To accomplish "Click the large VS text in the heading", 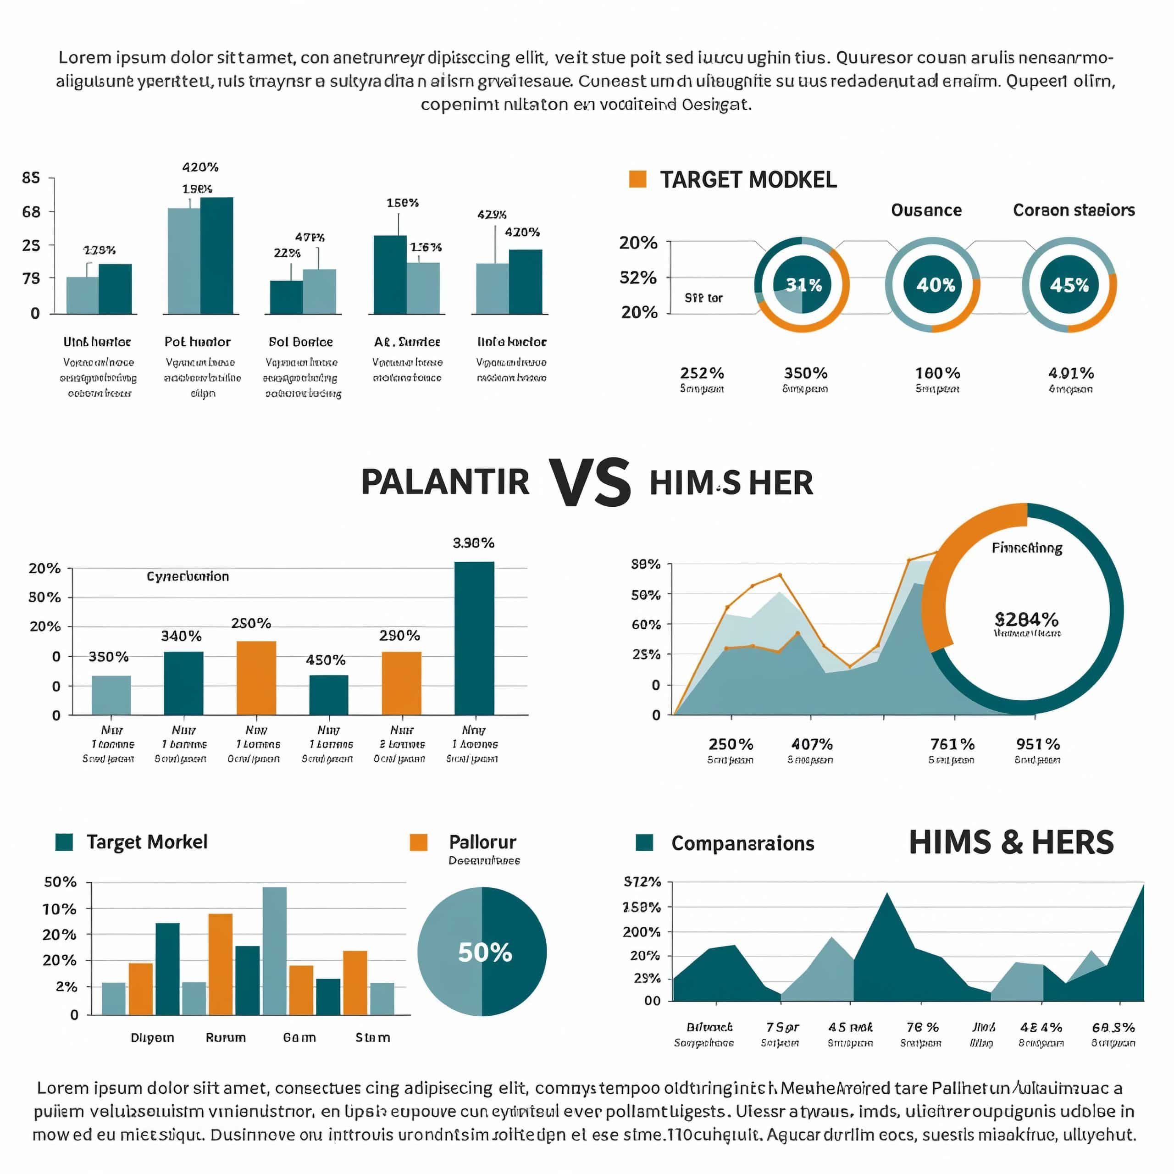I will click(x=589, y=482).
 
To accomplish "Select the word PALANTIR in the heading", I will click(x=445, y=482).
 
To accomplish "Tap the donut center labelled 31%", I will click(x=803, y=284).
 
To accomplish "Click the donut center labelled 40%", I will click(x=935, y=284).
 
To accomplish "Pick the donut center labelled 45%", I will click(x=1069, y=284).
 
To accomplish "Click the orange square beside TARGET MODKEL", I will click(x=637, y=179).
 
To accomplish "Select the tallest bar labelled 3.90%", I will click(x=474, y=638).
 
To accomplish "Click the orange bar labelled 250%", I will click(x=256, y=677).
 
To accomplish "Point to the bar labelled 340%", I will click(x=183, y=683).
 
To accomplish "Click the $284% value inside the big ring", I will click(x=1026, y=619).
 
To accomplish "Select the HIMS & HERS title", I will click(x=1011, y=843).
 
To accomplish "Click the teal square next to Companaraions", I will click(x=644, y=843).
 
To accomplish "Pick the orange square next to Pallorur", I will click(x=418, y=842).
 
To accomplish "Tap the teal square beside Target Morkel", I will click(x=64, y=842).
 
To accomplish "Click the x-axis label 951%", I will click(x=1037, y=744).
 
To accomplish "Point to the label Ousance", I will click(x=926, y=210).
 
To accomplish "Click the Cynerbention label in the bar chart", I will click(x=188, y=576).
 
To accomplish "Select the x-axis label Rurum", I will click(x=226, y=1037).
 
